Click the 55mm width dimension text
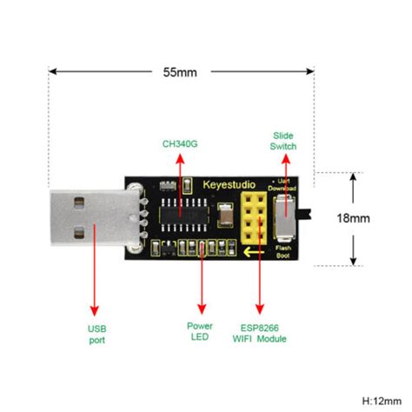click(x=181, y=72)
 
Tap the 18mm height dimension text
click(x=379, y=219)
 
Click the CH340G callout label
click(x=179, y=142)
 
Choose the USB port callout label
click(x=96, y=335)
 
